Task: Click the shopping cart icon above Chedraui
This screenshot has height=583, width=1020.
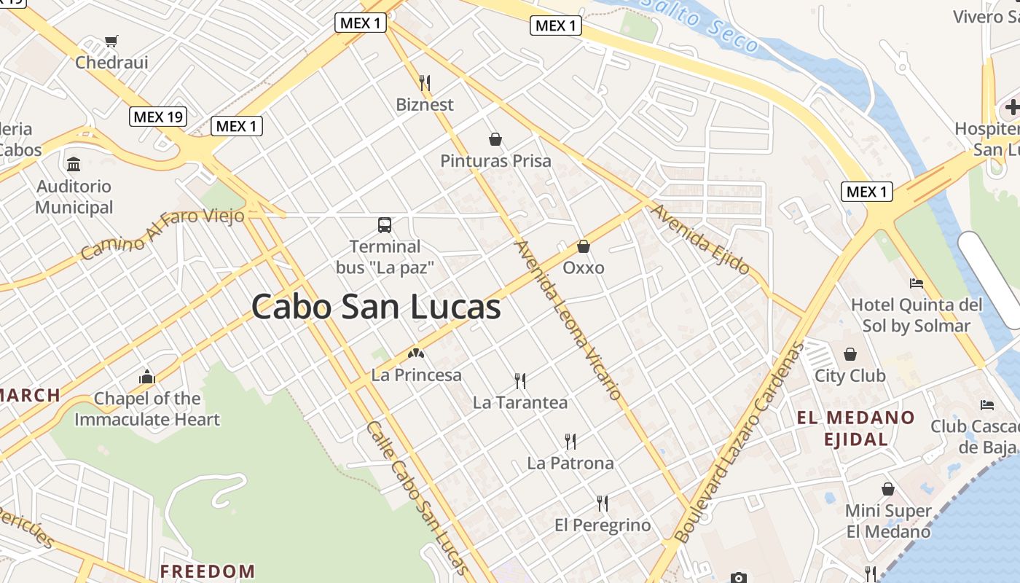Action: [x=111, y=42]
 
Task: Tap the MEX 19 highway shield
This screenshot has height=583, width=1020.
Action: [x=158, y=116]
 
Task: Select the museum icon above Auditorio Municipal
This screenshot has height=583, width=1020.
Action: [x=74, y=164]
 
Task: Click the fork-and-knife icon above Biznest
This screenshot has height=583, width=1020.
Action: [x=425, y=82]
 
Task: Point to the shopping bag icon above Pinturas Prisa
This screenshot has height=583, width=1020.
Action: [x=495, y=139]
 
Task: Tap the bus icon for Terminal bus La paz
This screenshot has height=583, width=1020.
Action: [x=384, y=224]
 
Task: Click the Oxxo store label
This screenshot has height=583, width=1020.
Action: [x=584, y=268]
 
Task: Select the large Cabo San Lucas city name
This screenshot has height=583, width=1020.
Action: [x=376, y=307]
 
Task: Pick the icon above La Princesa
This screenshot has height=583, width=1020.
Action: [x=416, y=354]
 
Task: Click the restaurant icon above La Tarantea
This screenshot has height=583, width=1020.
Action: [x=519, y=380]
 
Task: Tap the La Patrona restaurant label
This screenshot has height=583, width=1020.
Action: [x=570, y=463]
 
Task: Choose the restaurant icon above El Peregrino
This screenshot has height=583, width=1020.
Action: [x=603, y=504]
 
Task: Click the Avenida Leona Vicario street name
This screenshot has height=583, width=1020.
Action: [x=569, y=320]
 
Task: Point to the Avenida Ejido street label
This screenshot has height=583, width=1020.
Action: [x=700, y=239]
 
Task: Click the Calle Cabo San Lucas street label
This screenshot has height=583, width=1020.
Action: [x=417, y=497]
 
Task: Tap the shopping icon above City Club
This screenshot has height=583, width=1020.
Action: [x=850, y=355]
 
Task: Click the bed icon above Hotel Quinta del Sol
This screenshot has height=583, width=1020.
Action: [x=917, y=283]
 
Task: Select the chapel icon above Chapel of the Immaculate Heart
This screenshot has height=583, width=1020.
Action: [x=147, y=377]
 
